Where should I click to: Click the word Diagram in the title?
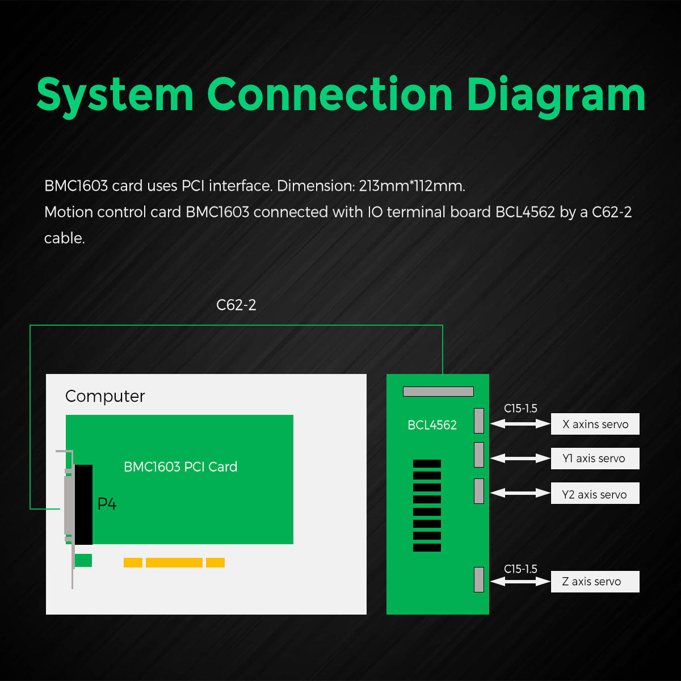[x=556, y=95]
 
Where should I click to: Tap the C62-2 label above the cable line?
[x=236, y=305]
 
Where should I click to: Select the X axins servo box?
[x=595, y=424]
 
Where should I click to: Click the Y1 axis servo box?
[x=595, y=459]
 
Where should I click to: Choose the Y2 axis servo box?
[x=595, y=494]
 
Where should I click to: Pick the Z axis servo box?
[x=595, y=582]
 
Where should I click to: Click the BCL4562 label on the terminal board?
[x=432, y=425]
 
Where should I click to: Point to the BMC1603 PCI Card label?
[x=180, y=467]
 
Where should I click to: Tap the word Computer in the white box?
[x=105, y=396]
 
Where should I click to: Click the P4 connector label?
[x=107, y=504]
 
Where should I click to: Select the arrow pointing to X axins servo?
[x=520, y=423]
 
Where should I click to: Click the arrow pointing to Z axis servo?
[x=520, y=581]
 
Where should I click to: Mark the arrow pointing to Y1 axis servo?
[x=520, y=458]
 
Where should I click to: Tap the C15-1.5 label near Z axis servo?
[x=520, y=569]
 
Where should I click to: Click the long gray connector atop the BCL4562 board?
[x=438, y=392]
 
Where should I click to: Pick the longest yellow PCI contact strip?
[x=174, y=562]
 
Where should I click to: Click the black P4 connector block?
[x=83, y=505]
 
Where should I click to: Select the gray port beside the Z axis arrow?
[x=479, y=579]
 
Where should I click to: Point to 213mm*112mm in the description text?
[x=412, y=186]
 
